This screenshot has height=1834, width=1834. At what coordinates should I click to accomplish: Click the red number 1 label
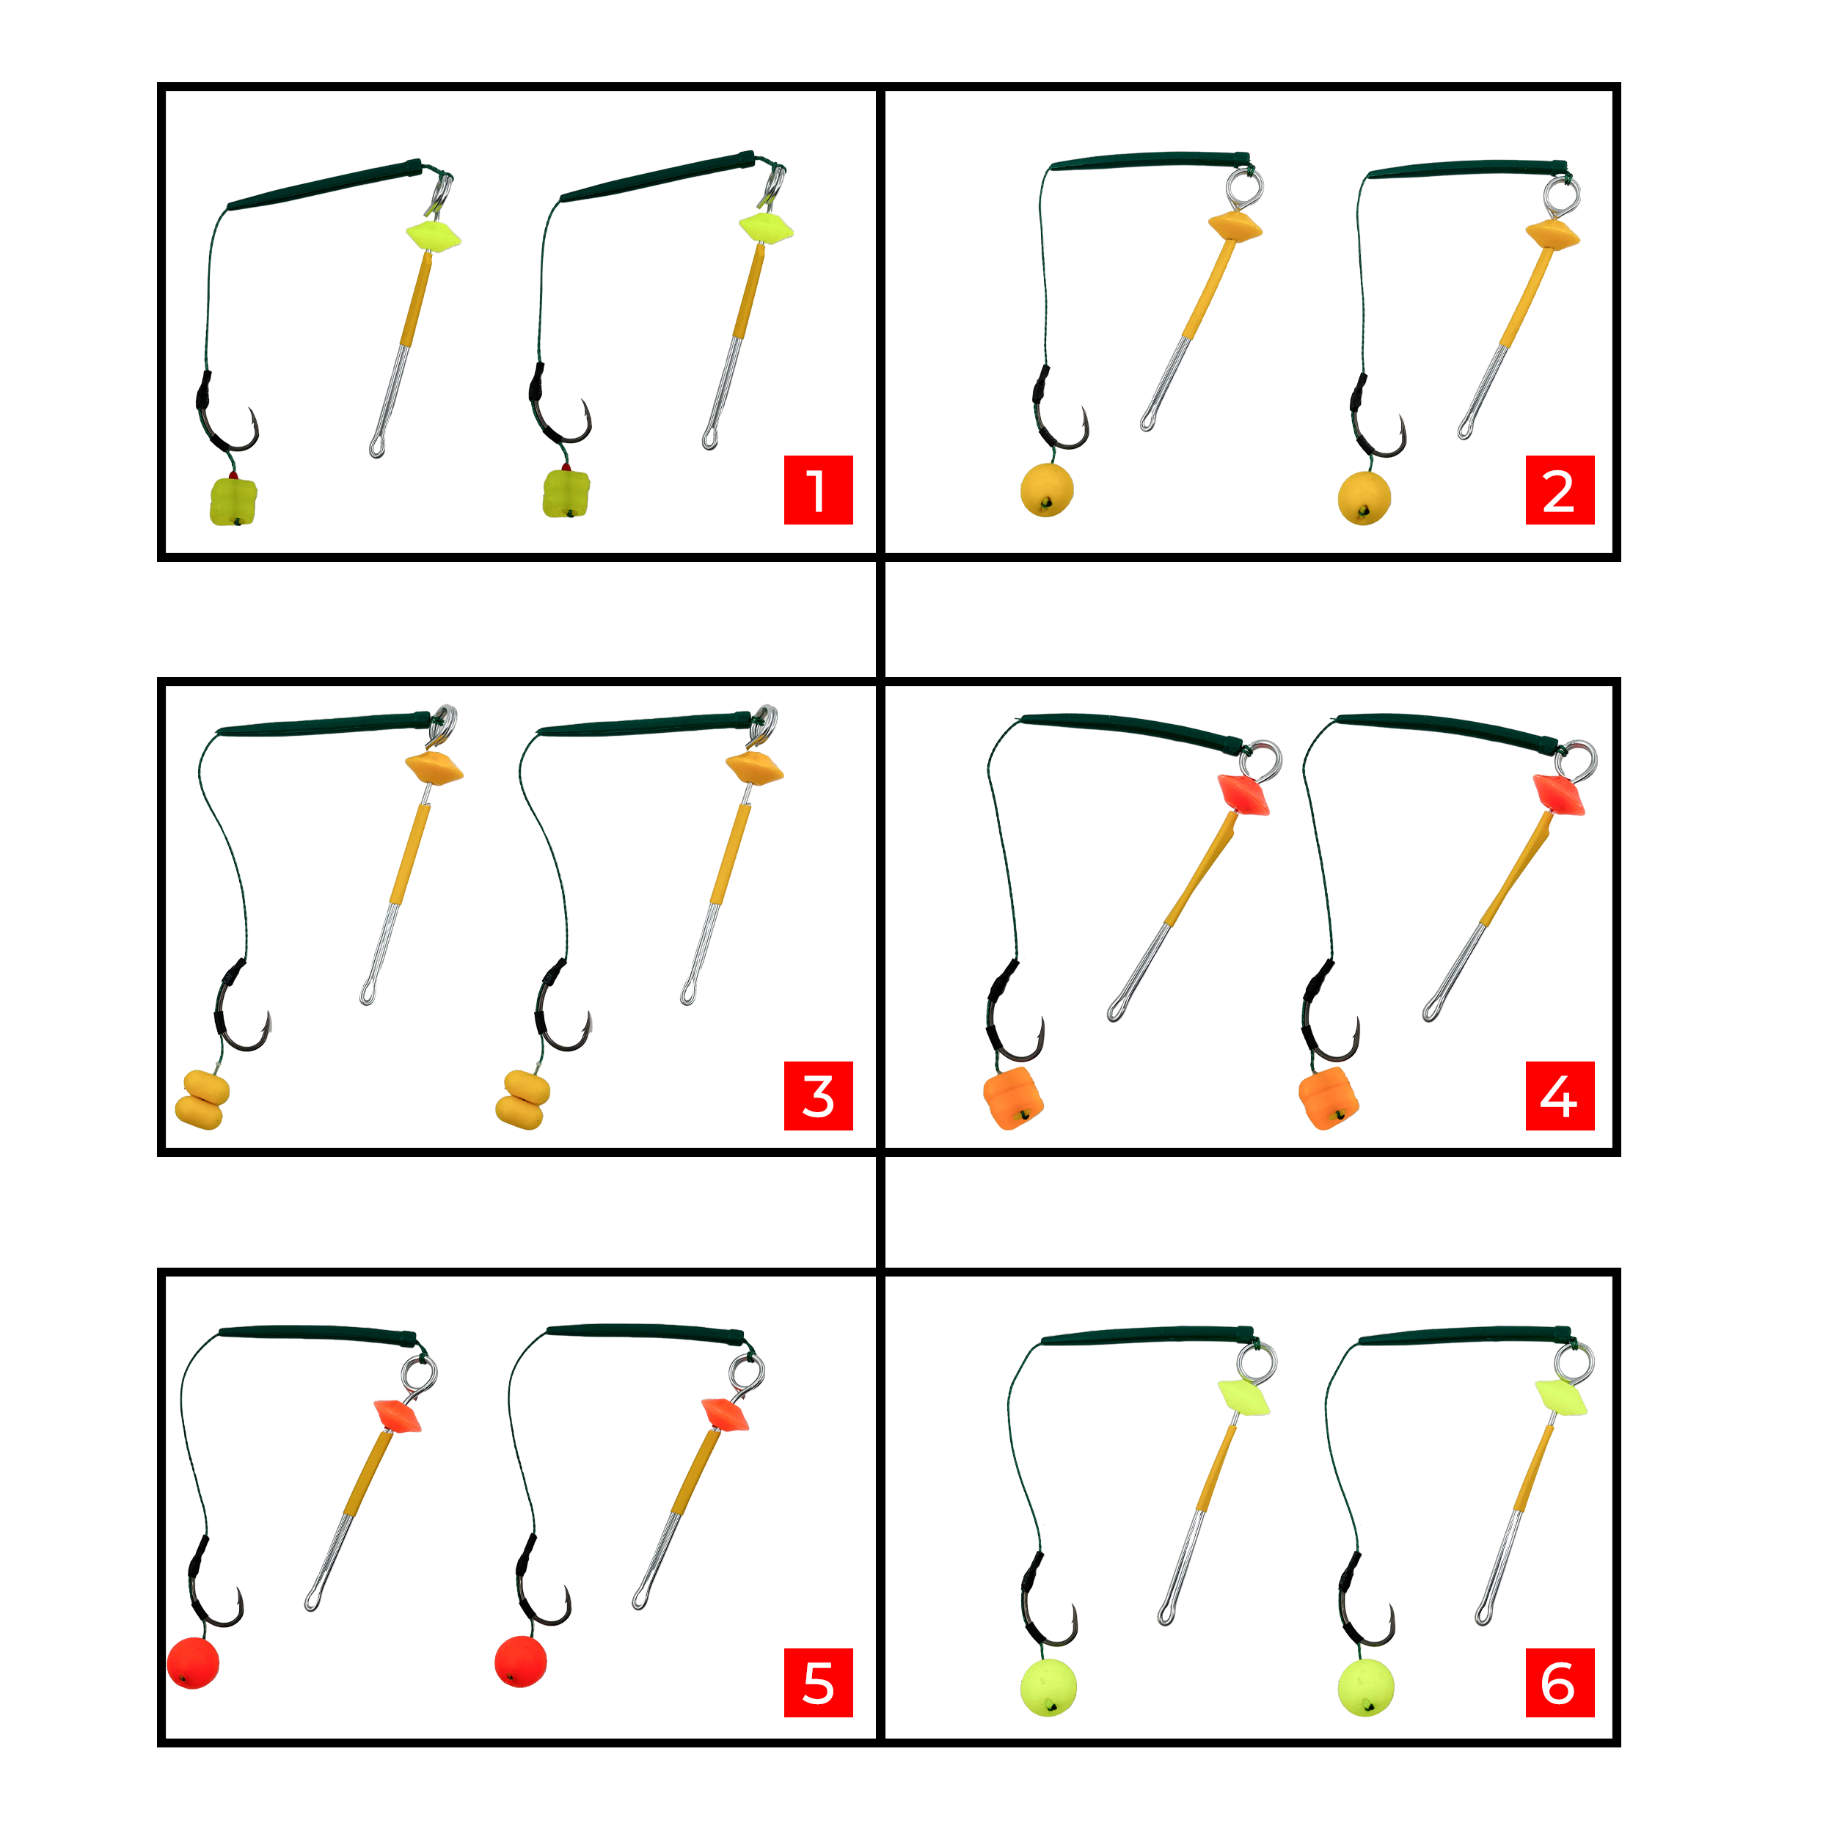pos(818,490)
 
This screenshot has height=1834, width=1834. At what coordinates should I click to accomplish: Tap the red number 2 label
pos(1560,490)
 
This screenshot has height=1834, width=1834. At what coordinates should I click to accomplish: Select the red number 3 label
pos(818,1097)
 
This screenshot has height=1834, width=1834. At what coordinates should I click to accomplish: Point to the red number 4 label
pos(1560,1097)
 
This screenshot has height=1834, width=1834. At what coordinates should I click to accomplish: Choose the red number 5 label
pos(818,1683)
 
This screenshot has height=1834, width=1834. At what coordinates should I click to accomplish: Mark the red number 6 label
pos(1560,1683)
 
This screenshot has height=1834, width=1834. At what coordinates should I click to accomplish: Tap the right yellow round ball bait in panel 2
pos(1364,497)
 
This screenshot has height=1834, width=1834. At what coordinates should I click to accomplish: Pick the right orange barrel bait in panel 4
pos(1328,1098)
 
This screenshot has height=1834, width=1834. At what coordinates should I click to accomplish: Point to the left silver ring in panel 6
pos(1260,1362)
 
